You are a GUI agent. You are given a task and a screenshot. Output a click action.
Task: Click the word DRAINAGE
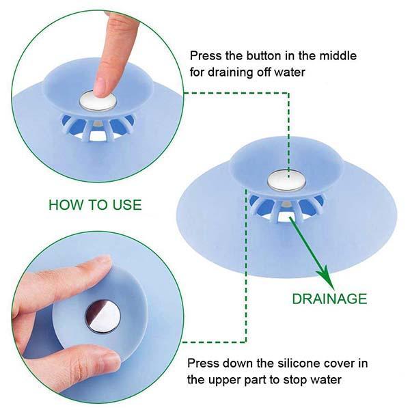pyautogui.click(x=329, y=299)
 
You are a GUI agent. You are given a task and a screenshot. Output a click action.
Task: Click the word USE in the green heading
pyautogui.click(x=127, y=205)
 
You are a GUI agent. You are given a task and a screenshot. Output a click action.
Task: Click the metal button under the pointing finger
pyautogui.click(x=98, y=101)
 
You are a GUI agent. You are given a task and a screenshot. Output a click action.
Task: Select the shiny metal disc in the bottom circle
pyautogui.click(x=103, y=317)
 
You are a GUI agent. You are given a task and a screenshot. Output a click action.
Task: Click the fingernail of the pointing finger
pyautogui.click(x=100, y=88)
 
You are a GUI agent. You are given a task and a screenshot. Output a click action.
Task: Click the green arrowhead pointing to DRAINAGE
pyautogui.click(x=326, y=277)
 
